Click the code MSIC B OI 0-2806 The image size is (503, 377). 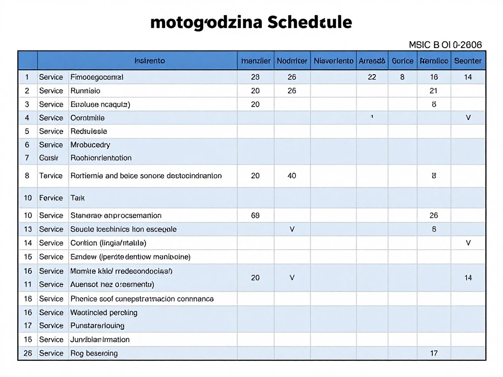coord(446,45)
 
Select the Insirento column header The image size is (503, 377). coord(149,61)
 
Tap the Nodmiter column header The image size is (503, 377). coord(292,61)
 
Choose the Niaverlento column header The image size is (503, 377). coord(333,61)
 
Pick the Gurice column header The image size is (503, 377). coord(402,61)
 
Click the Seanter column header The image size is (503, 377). coord(468,61)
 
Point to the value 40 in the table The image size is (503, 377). coord(292,175)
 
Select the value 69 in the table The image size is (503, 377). coord(255,215)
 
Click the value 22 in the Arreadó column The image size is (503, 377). coord(372,77)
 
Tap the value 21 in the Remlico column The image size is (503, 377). coord(433,91)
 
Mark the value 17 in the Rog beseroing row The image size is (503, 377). coord(433,353)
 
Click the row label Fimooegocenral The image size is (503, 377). coord(97,77)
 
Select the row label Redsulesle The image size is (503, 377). coord(89,131)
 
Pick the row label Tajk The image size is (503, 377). coord(78,198)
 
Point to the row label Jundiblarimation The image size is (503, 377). coord(100,339)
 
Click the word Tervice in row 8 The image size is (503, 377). coord(51,175)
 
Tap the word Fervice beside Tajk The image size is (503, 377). coord(51,198)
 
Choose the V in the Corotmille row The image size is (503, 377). coord(468,118)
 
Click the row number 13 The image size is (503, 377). coord(27,229)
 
